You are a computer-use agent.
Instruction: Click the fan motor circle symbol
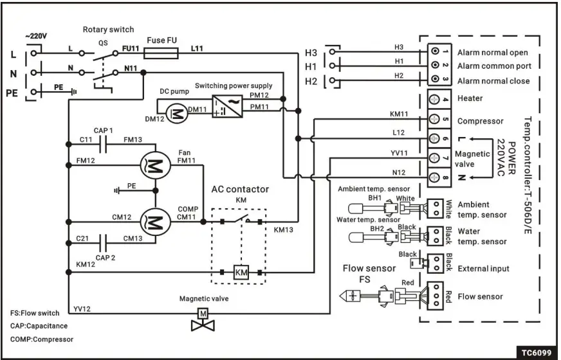[x=154, y=166]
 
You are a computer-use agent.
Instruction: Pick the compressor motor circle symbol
[x=154, y=221]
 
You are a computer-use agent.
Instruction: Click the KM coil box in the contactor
[x=241, y=273]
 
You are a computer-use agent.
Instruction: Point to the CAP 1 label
[x=103, y=131]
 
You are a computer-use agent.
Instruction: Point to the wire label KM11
[x=399, y=114]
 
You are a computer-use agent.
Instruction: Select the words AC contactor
[x=240, y=190]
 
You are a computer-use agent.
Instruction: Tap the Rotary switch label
[x=108, y=30]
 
